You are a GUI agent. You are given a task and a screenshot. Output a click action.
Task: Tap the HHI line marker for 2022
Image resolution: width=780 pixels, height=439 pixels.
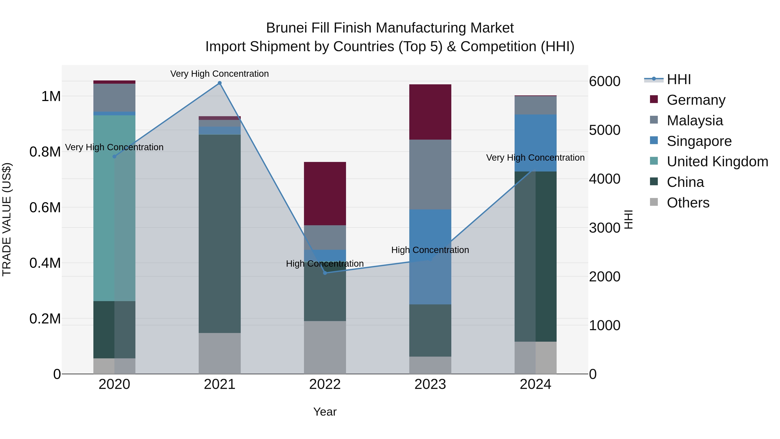click(x=325, y=273)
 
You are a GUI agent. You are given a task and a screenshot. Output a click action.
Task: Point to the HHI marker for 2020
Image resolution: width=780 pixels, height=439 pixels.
click(x=114, y=157)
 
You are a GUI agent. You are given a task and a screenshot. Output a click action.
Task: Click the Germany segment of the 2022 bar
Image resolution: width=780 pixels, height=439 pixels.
click(x=325, y=193)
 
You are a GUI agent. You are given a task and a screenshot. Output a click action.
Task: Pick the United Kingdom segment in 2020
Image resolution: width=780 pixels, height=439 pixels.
click(x=114, y=208)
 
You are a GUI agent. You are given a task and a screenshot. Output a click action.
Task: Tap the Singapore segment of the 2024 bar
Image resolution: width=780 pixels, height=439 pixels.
click(x=535, y=143)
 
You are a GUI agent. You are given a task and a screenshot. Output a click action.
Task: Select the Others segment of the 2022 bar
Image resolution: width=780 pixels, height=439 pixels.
click(x=325, y=347)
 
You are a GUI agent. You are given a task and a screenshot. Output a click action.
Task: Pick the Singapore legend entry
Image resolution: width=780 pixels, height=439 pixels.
click(x=699, y=141)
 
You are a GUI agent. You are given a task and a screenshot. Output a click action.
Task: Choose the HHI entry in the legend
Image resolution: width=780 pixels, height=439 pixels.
click(x=679, y=79)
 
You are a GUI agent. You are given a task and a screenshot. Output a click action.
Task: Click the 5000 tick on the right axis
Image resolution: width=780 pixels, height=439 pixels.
click(x=604, y=130)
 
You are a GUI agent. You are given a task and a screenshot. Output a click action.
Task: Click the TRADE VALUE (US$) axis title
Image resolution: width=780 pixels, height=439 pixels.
click(x=7, y=219)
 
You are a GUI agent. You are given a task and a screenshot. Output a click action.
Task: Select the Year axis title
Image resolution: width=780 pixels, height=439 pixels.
click(x=325, y=412)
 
